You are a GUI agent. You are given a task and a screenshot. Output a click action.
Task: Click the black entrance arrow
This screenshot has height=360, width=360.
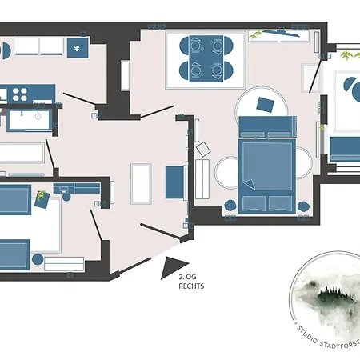click(x=172, y=266)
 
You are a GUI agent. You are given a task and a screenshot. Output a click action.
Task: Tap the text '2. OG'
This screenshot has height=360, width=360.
click(x=187, y=277)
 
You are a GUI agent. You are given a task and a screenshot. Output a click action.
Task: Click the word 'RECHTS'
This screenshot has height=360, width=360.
click(x=191, y=286)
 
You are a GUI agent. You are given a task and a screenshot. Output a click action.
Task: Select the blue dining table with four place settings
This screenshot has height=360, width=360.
click(x=206, y=58)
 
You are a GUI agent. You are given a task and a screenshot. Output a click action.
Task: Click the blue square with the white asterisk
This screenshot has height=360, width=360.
click(x=78, y=48)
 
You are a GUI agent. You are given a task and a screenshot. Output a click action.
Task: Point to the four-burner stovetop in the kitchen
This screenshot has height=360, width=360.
click(x=20, y=94)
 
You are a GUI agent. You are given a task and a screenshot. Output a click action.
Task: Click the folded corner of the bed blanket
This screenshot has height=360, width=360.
click(x=250, y=184)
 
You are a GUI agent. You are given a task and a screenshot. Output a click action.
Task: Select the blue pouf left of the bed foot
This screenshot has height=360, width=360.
click(x=230, y=206)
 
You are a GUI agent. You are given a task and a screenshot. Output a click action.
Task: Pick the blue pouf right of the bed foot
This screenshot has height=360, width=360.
click(x=303, y=206)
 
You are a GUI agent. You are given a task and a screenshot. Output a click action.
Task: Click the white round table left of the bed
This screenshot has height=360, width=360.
click(x=226, y=173)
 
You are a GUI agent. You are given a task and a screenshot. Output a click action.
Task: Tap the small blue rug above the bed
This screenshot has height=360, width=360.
click(x=265, y=105)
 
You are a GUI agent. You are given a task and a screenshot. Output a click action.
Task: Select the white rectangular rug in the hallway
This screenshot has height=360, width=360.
click(x=141, y=184)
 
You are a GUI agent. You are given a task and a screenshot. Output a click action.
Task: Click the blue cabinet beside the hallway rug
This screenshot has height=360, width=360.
click(x=174, y=182)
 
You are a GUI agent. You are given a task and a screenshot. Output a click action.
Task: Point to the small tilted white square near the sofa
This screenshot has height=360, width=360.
click(x=203, y=150)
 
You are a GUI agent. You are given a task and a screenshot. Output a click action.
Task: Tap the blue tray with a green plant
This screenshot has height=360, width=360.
click(x=42, y=200)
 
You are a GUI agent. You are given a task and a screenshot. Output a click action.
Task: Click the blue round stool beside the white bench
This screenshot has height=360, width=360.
click(x=38, y=259)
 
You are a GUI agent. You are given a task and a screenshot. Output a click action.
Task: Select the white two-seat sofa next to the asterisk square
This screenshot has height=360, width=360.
click(x=39, y=46)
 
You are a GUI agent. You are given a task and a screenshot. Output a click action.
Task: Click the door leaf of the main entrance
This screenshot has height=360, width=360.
click(x=160, y=231)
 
